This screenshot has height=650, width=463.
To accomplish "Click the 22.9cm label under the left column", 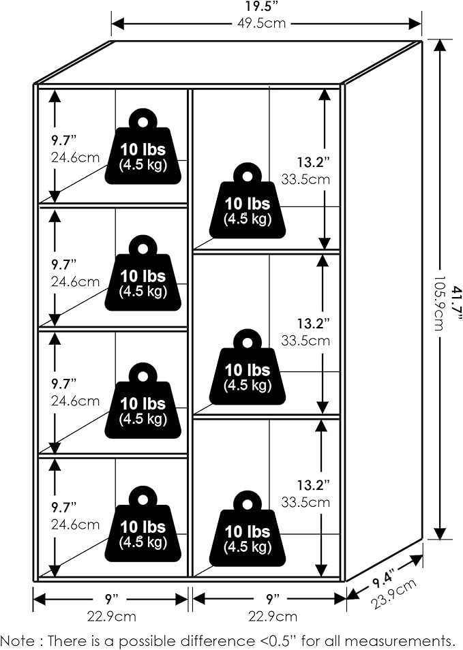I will click(110, 617).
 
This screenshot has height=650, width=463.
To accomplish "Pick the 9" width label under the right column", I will click(272, 600).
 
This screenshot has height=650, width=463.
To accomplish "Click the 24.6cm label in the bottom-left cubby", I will click(75, 525).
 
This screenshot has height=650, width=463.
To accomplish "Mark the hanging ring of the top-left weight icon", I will click(143, 121).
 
